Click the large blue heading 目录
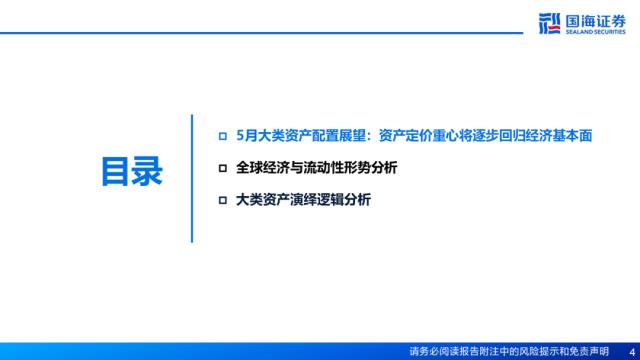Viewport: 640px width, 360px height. tap(132, 171)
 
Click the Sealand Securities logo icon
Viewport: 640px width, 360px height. tap(549, 23)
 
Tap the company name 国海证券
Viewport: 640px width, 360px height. tap(596, 21)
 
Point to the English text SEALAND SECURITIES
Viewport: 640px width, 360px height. tap(596, 32)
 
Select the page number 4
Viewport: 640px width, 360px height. tap(632, 352)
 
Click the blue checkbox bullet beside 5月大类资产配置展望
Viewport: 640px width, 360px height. tap(222, 136)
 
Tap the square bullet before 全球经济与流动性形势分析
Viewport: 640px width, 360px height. tap(222, 168)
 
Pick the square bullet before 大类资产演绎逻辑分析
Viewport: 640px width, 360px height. tap(222, 200)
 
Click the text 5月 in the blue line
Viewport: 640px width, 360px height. tap(247, 136)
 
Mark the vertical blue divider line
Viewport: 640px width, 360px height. tap(192, 179)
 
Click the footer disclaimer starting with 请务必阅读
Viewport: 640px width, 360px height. tap(509, 352)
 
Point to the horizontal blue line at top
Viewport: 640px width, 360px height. tap(261, 33)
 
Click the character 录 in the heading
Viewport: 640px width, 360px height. tap(147, 171)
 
